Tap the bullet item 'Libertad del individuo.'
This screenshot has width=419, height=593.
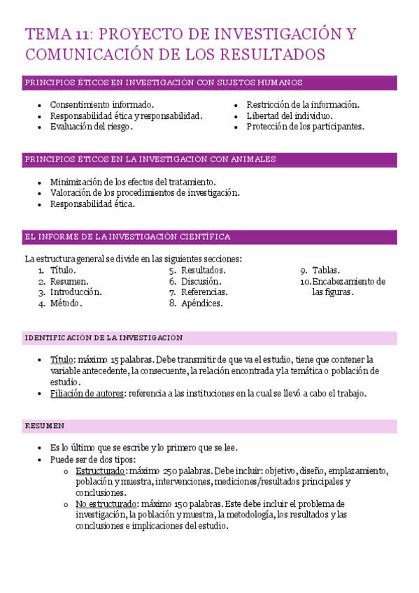pyautogui.click(x=289, y=116)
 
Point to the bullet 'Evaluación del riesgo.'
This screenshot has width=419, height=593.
pyautogui.click(x=91, y=127)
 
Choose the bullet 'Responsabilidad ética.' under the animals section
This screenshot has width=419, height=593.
pyautogui.click(x=92, y=204)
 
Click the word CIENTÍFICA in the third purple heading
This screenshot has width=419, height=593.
pyautogui.click(x=204, y=236)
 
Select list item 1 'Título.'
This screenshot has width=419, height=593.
pyautogui.click(x=63, y=270)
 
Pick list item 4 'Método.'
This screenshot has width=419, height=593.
pyautogui.click(x=66, y=303)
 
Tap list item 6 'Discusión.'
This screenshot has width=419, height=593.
pyautogui.click(x=203, y=281)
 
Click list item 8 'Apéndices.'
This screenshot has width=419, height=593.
pyautogui.click(x=201, y=303)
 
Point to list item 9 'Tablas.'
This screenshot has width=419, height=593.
pyautogui.click(x=326, y=270)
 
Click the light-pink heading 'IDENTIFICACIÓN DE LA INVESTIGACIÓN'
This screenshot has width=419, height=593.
pyautogui.click(x=104, y=338)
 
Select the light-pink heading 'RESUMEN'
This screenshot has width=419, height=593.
pyautogui.click(x=45, y=426)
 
